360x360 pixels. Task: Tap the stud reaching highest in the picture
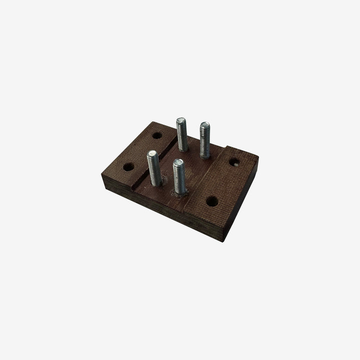[181, 134]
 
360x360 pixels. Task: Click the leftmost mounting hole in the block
[128, 167]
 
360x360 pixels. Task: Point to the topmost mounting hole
[157, 135]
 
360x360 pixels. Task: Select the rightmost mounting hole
[233, 162]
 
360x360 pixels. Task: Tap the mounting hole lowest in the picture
[212, 201]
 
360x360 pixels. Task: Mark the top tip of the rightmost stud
[204, 124]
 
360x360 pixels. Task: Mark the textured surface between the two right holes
[222, 181]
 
